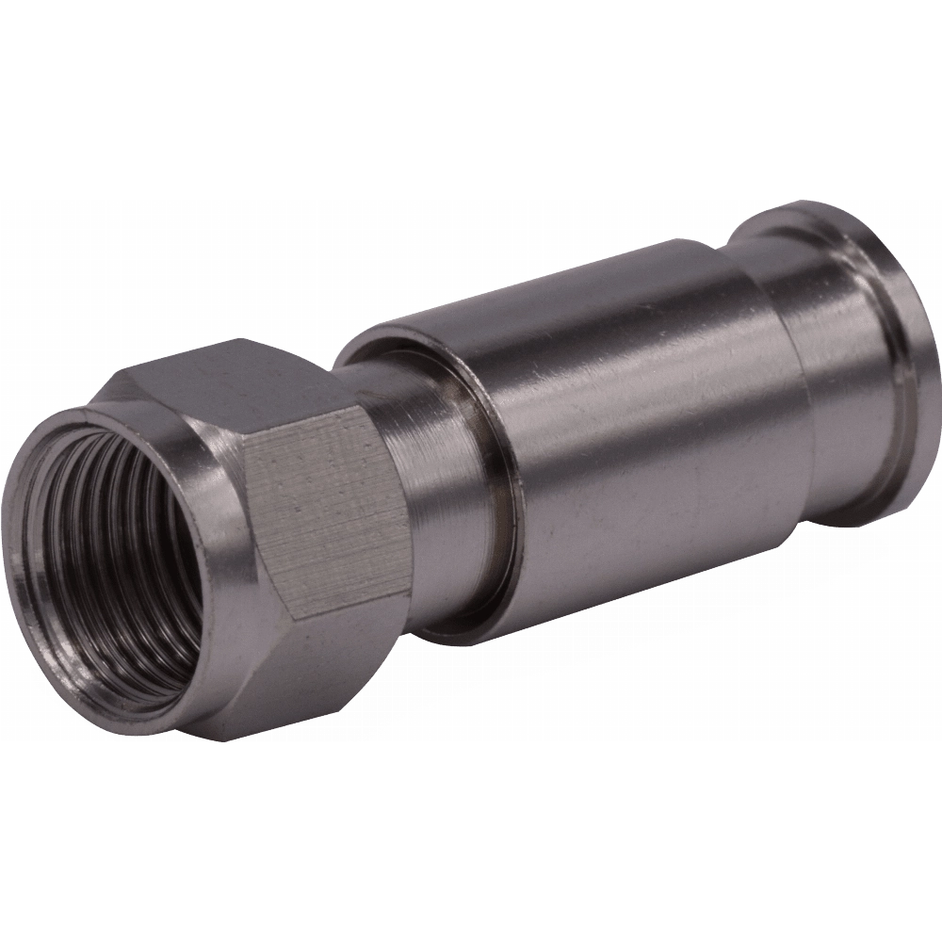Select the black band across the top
pos(471,94)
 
